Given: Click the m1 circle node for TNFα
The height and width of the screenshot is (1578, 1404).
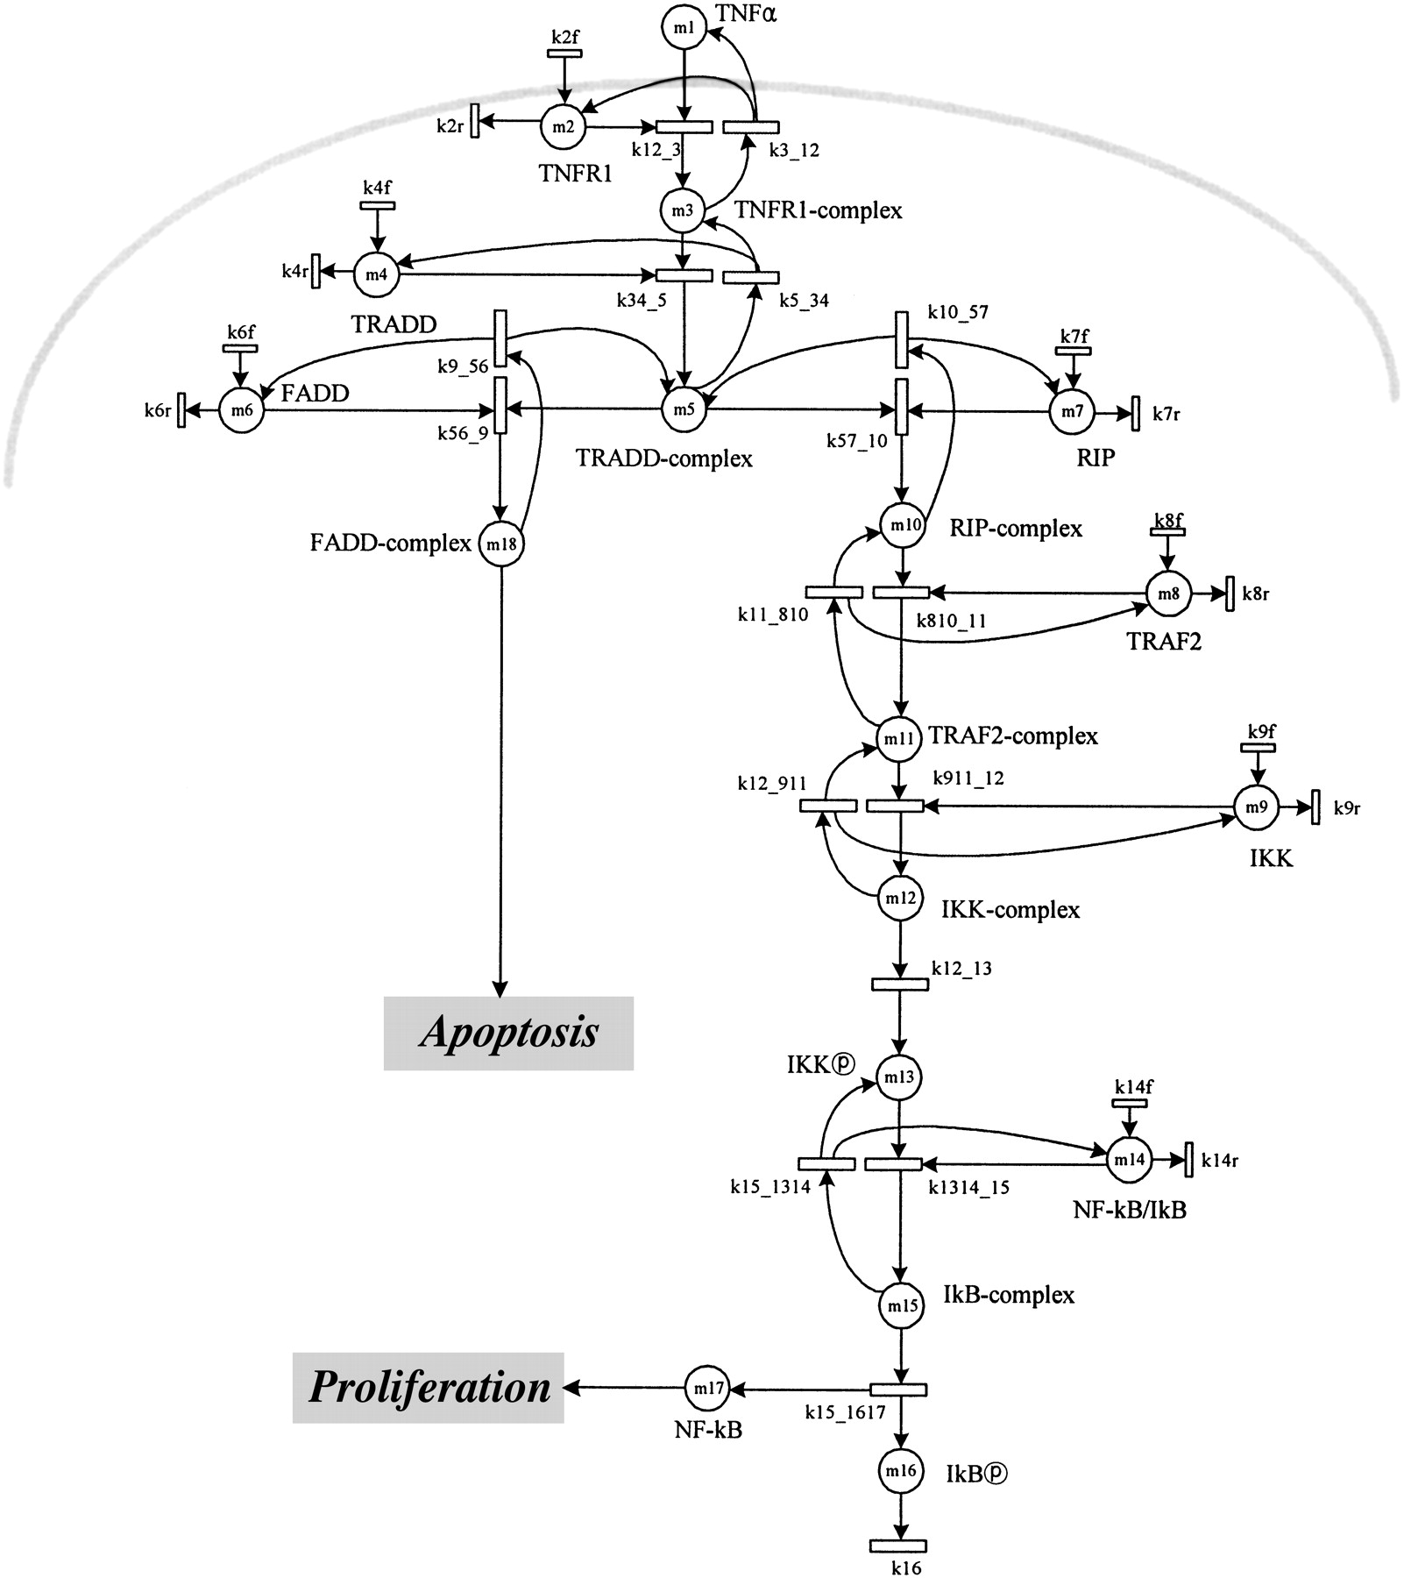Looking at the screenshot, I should [684, 28].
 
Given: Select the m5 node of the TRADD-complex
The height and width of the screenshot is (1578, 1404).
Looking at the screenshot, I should [684, 409].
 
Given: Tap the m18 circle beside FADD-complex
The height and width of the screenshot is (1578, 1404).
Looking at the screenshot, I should [500, 544].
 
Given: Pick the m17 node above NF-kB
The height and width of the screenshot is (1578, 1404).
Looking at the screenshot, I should [706, 1389].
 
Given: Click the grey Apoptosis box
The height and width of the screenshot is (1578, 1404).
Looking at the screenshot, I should [508, 1033].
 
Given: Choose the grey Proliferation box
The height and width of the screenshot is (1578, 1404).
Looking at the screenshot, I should [428, 1388].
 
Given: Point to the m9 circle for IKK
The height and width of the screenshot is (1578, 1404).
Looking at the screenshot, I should [1256, 807].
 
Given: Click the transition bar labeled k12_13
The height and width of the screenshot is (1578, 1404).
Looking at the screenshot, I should [899, 984].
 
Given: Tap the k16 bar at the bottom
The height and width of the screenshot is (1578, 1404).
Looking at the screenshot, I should [897, 1546].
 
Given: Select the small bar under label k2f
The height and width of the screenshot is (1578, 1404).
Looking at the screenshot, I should [564, 53].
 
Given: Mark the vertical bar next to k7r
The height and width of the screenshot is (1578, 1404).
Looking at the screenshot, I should [1135, 413].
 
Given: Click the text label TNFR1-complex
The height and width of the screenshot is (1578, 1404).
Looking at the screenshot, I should [818, 211].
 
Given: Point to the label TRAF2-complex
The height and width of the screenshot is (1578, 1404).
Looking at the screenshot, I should [1013, 736].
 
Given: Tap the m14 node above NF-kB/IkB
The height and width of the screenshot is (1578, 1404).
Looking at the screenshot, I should [1128, 1159].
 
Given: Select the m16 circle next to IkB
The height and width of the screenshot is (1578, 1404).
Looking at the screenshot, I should [900, 1471].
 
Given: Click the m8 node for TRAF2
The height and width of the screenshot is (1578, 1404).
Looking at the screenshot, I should [1169, 594].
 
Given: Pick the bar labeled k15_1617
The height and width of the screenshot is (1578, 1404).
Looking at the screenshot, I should [897, 1390].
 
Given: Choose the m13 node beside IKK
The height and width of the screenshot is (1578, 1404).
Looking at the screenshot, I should [899, 1077].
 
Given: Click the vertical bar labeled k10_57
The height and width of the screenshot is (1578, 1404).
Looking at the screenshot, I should [901, 339].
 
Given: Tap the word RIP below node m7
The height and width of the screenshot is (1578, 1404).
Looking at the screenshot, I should [1096, 457].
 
